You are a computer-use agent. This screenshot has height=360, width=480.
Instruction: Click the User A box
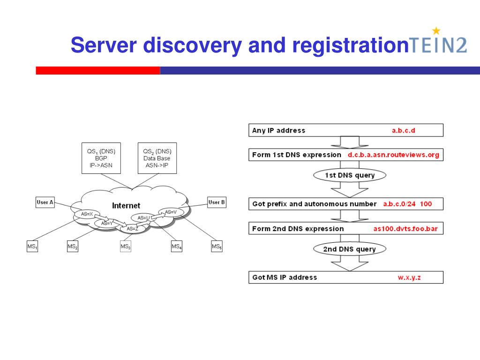(x=45, y=202)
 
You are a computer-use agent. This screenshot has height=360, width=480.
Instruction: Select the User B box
(x=217, y=202)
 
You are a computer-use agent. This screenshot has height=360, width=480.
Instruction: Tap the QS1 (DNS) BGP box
(x=101, y=158)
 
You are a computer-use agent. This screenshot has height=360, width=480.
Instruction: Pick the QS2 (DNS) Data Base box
(x=157, y=158)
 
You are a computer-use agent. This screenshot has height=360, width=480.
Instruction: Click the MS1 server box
(x=32, y=247)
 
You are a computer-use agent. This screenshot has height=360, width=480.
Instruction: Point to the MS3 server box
(x=126, y=247)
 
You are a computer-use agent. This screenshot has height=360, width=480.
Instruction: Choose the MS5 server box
(x=217, y=247)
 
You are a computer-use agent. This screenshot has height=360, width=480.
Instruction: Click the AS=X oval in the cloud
(x=87, y=214)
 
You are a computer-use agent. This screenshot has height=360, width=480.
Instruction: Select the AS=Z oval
(x=133, y=229)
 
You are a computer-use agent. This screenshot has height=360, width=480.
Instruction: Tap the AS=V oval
(x=171, y=212)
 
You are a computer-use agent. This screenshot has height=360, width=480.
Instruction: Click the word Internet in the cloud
(x=126, y=206)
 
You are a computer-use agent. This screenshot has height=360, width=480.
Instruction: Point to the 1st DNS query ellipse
(x=350, y=175)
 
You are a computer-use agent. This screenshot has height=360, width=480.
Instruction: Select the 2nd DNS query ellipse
(x=350, y=249)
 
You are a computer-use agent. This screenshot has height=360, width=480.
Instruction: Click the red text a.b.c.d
(x=404, y=130)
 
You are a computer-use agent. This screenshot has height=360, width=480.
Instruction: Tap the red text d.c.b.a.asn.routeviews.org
(x=393, y=155)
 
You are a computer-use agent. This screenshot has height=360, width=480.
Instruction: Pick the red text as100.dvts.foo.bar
(x=405, y=229)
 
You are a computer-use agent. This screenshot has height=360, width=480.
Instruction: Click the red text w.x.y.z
(x=409, y=277)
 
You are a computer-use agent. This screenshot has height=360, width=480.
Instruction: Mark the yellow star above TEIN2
(x=436, y=30)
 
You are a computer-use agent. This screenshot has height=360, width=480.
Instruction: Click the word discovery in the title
(x=193, y=45)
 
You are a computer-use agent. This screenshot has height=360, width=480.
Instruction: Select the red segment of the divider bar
(x=98, y=70)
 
